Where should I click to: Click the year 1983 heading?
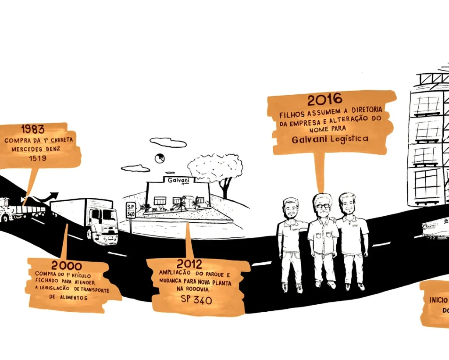click(33, 130)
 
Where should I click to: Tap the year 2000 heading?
click(66, 266)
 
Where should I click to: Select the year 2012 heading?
click(189, 264)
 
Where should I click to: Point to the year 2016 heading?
click(324, 100)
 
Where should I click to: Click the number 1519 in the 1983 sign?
click(38, 158)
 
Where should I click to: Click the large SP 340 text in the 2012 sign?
click(196, 300)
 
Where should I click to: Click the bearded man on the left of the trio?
click(290, 241)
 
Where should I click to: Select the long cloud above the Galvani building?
click(168, 143)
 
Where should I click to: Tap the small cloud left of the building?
click(135, 168)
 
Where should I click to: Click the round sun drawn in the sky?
click(159, 158)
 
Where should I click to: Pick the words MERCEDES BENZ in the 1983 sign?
click(39, 149)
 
